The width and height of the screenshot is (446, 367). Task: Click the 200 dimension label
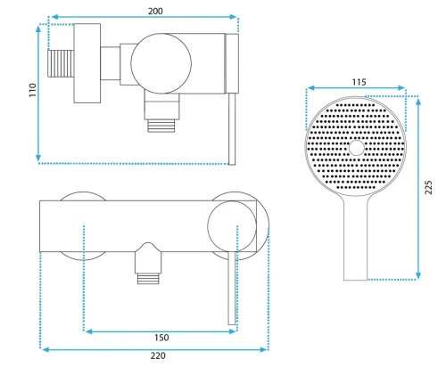[155, 11]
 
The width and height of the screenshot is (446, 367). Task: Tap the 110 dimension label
[32, 90]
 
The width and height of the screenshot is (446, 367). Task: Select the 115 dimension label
[359, 82]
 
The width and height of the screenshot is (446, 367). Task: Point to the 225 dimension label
[428, 187]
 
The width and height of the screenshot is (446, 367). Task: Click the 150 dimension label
[161, 338]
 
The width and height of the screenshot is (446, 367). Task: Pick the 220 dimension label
[158, 355]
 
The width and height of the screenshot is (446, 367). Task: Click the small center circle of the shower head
[356, 148]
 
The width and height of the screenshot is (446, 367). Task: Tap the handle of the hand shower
[355, 238]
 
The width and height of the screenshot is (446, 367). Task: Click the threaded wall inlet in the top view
[61, 63]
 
